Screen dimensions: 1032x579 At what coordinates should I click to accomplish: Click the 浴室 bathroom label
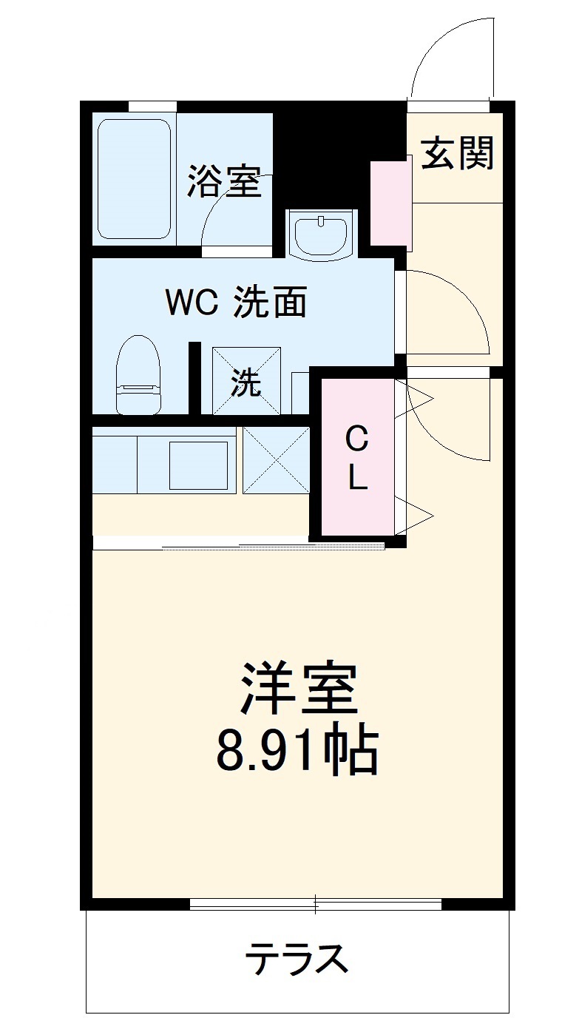point(224,181)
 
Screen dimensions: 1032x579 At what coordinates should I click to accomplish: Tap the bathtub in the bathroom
point(134,178)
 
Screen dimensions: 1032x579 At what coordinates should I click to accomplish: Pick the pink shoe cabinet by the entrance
point(390,202)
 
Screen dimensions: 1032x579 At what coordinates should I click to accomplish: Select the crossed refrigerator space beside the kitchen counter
point(277,460)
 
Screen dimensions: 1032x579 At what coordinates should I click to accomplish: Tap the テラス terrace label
point(297,960)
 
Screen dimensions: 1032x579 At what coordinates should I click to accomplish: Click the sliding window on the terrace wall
point(316,903)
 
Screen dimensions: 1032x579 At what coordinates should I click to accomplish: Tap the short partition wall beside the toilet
point(195,377)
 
